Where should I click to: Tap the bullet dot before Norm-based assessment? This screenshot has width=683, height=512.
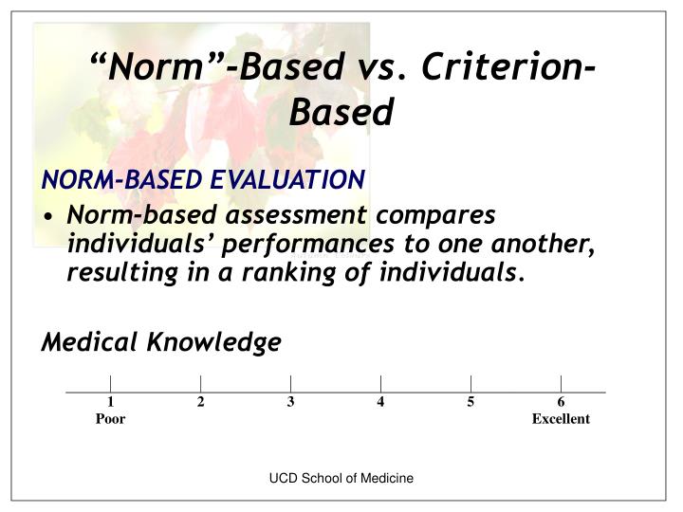(x=47, y=216)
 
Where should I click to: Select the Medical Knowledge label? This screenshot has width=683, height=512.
(x=160, y=341)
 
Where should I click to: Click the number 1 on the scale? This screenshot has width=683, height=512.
(x=110, y=403)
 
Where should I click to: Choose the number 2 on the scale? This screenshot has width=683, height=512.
(x=200, y=403)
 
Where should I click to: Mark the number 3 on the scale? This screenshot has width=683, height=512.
(x=290, y=403)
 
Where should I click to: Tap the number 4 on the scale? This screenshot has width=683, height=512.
(x=380, y=403)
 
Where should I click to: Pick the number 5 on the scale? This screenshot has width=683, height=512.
(x=471, y=403)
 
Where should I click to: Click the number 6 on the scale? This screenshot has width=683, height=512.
(x=561, y=403)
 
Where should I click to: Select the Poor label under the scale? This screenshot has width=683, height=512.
(x=110, y=419)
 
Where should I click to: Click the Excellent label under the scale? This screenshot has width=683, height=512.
(x=561, y=419)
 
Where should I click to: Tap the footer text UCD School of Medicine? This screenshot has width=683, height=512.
(x=341, y=480)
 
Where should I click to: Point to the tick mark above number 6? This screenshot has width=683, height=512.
(x=561, y=383)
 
